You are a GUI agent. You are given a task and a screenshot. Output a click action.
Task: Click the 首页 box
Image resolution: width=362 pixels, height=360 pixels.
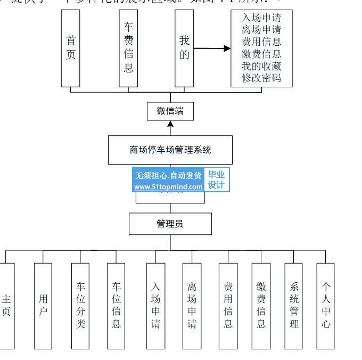(71, 48)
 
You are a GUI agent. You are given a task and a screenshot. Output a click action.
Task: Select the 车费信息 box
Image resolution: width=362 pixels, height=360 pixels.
(128, 48)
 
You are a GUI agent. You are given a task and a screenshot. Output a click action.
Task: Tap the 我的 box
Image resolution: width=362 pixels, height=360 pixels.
(184, 48)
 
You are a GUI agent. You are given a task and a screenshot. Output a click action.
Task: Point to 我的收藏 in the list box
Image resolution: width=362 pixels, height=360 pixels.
(261, 66)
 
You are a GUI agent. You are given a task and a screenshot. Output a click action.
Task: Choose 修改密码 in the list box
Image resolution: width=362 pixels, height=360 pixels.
(261, 78)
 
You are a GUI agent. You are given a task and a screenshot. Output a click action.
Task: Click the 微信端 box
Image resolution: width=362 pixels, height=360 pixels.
(170, 111)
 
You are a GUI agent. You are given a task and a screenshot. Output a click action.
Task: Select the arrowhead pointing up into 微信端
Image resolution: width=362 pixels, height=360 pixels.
(170, 124)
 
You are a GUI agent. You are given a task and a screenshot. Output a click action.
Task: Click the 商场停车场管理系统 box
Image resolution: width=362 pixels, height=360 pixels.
(170, 150)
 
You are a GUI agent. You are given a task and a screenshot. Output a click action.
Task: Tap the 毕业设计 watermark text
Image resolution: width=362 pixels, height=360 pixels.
(216, 180)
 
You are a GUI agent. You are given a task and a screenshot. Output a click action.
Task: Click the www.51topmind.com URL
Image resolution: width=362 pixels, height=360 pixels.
(168, 187)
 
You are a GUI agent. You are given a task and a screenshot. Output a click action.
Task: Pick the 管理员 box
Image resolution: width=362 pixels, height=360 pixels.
(170, 224)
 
